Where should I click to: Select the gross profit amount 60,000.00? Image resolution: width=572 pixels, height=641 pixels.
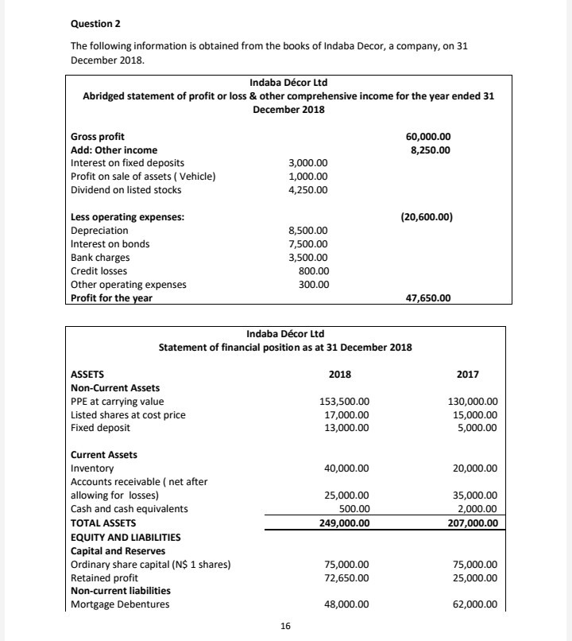tap(427, 137)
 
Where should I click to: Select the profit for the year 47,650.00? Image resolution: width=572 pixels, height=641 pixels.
tap(428, 298)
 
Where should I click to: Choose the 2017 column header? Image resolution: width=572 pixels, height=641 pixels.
tap(469, 373)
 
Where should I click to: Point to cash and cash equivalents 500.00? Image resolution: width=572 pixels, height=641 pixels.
tap(354, 509)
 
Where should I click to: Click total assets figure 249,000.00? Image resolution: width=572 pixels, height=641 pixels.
tap(342, 523)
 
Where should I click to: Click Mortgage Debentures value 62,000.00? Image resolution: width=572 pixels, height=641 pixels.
tap(474, 604)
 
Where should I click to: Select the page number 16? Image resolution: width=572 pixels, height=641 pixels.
tap(286, 627)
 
